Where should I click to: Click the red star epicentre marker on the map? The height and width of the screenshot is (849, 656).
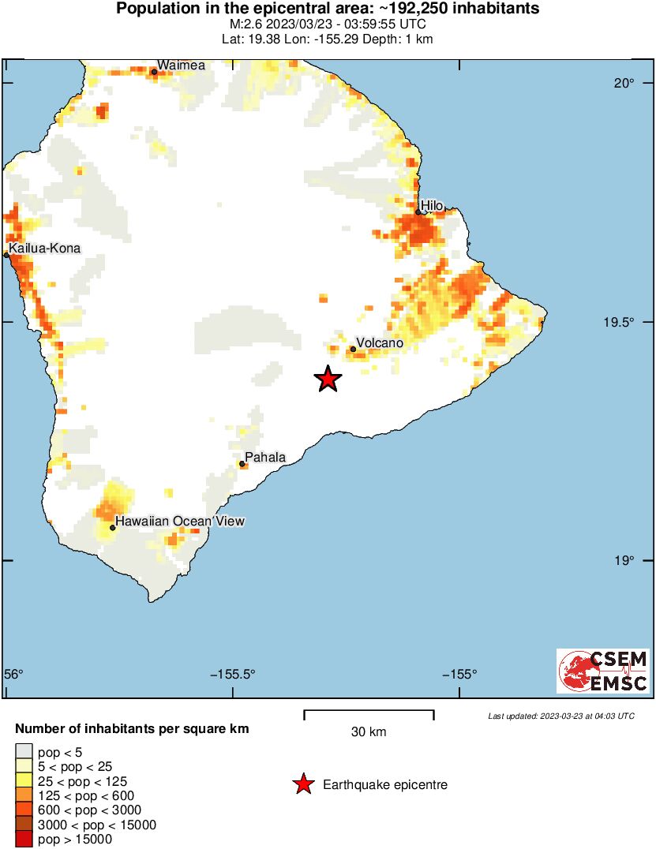tap(328, 379)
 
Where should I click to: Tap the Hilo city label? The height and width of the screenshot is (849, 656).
tap(432, 206)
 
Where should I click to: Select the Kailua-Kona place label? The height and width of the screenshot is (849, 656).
tap(44, 249)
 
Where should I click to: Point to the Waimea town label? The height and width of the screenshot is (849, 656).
tap(181, 65)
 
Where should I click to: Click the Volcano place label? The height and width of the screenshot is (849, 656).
tap(380, 343)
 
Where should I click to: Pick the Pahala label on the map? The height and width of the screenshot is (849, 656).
tap(264, 457)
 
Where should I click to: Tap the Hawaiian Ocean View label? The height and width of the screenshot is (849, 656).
tap(180, 521)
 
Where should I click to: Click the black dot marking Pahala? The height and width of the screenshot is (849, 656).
tap(242, 464)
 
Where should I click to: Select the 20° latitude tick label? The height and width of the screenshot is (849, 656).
tap(625, 84)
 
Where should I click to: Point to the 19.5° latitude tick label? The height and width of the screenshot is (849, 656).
tap(620, 323)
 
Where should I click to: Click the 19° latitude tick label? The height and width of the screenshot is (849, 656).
tap(625, 561)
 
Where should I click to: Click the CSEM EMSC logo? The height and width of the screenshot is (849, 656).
tap(603, 671)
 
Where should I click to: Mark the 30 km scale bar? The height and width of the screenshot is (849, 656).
tap(369, 715)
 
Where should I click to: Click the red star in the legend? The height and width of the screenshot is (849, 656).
tap(302, 784)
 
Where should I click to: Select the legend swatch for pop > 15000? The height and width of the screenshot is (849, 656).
tap(24, 840)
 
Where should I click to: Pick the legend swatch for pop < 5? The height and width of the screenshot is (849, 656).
tap(24, 751)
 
